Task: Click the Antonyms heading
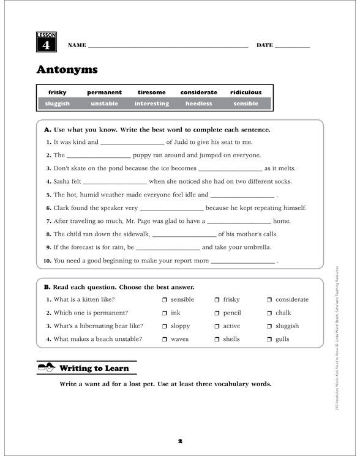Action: tap(67, 69)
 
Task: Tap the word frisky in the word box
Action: tap(57, 92)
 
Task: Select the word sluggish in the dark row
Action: tap(57, 104)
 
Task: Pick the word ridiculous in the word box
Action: tap(246, 92)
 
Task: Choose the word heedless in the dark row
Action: tap(198, 104)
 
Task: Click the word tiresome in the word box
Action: tap(151, 92)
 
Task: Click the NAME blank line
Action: tap(168, 46)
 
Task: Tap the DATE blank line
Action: tap(293, 46)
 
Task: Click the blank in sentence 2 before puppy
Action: tap(99, 156)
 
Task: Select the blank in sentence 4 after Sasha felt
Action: tap(114, 182)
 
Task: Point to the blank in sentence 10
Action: tap(242, 261)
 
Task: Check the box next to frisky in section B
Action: tap(217, 300)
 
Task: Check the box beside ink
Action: tap(165, 313)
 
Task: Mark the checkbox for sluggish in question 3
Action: tap(270, 327)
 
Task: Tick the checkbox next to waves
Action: tap(165, 340)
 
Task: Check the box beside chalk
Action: tap(270, 313)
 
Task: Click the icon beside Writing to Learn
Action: tap(47, 368)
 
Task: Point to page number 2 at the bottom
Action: tap(180, 440)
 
